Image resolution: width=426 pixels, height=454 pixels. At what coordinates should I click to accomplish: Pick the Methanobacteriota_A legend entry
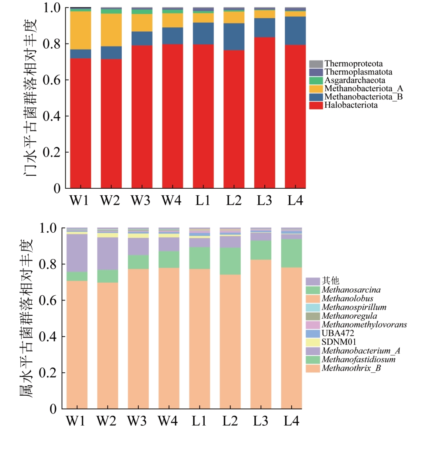(354, 89)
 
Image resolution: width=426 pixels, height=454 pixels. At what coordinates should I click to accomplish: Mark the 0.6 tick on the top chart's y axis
(53, 80)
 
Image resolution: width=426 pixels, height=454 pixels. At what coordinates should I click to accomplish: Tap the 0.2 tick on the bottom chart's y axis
(49, 373)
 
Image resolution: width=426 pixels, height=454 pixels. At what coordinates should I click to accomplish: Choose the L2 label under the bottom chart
(230, 421)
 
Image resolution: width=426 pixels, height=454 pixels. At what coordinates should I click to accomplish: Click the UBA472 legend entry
(338, 334)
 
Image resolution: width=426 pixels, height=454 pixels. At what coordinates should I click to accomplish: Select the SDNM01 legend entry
(339, 342)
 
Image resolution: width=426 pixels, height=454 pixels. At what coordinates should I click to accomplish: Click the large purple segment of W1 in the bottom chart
(77, 253)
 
